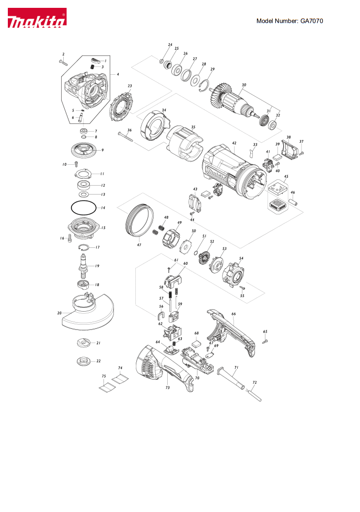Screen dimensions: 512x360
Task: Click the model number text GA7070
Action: coord(290,21)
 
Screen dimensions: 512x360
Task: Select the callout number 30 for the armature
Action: coord(244,85)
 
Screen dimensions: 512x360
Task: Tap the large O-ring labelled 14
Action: coord(83,208)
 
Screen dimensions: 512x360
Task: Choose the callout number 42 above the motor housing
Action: coord(235,142)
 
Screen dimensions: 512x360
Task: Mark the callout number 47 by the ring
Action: coord(140,245)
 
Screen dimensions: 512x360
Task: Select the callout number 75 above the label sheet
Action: coord(103,377)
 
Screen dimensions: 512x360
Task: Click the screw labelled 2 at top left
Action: coord(63,62)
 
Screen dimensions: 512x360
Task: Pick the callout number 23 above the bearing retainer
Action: coord(130,86)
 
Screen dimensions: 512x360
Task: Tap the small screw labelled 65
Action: coord(265,340)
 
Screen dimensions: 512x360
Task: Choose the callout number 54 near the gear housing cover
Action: coord(241,258)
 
